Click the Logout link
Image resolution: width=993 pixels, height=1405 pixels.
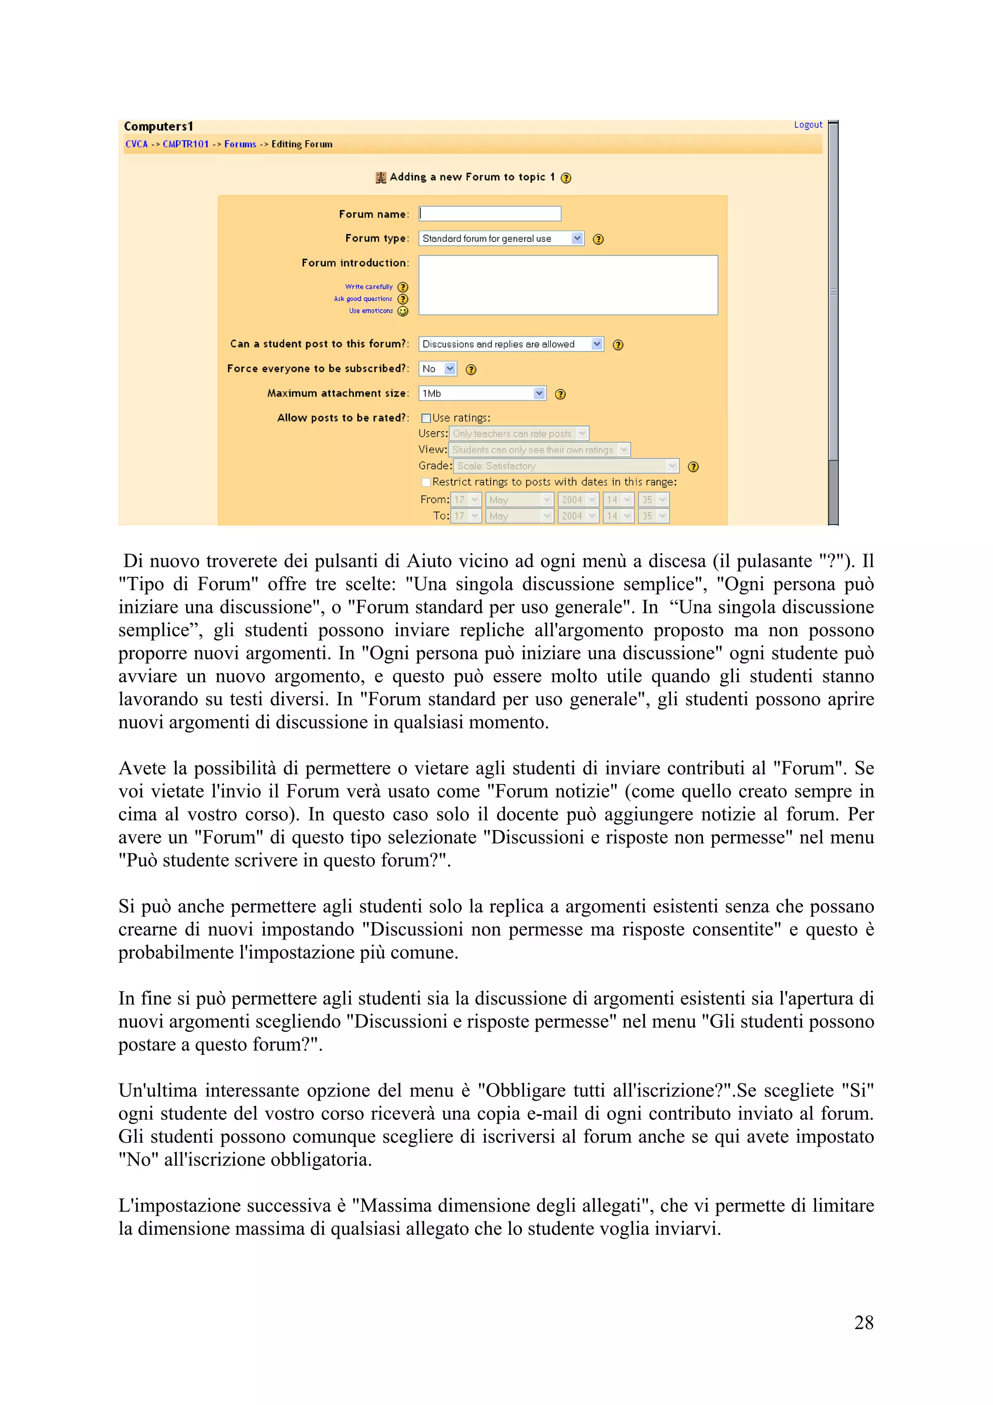pos(808,125)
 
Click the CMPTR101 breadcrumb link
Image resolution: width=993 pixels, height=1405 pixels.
pos(185,144)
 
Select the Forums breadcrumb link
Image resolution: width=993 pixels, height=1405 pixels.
pos(240,144)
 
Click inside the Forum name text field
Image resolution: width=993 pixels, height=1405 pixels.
pos(489,214)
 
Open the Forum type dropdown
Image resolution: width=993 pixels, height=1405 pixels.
pos(501,239)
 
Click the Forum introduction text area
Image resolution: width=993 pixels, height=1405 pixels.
pos(568,285)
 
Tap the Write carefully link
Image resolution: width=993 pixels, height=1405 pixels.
pos(368,287)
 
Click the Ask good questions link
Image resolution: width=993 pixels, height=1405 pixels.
pos(363,299)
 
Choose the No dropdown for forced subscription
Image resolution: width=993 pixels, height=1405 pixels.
pos(437,369)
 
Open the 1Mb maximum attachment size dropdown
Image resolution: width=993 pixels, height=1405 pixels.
pos(481,394)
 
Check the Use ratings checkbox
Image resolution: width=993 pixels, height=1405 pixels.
pos(426,418)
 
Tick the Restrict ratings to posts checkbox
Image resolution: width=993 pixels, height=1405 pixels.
pos(426,482)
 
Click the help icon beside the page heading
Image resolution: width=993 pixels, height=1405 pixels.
pos(566,178)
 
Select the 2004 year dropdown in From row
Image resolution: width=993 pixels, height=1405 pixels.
pos(578,500)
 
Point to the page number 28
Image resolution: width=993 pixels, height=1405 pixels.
pos(863,1323)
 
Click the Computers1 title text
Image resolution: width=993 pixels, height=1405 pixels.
pos(159,127)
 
